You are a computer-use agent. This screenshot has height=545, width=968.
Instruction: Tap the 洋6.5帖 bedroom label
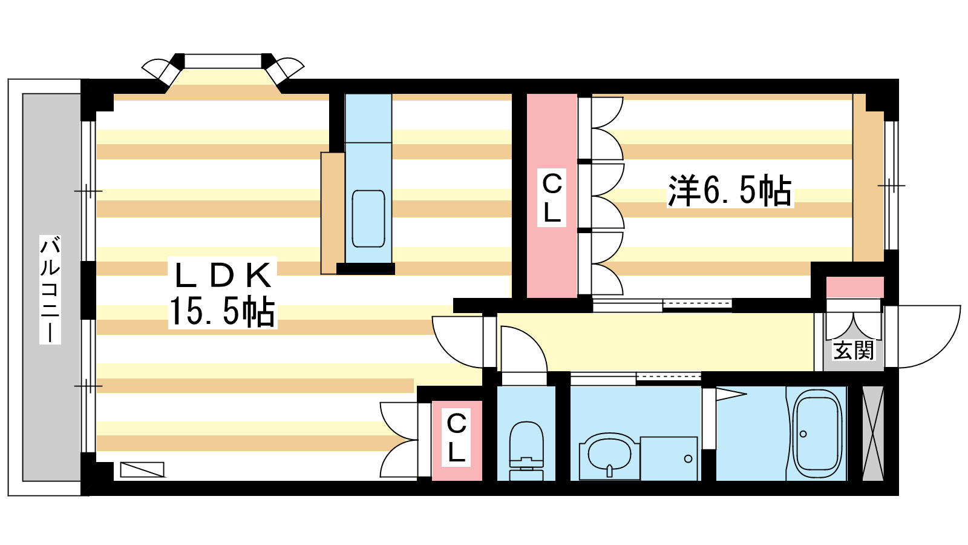[x=730, y=191]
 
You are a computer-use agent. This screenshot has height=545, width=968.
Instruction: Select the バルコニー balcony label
[x=50, y=289]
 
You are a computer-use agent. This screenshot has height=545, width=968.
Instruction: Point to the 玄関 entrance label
[x=854, y=350]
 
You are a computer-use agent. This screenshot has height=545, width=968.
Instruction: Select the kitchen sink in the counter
[x=368, y=219]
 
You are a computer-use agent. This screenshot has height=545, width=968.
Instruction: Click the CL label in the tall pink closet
[x=552, y=197]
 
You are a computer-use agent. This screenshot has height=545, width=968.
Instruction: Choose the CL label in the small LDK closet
[x=457, y=438]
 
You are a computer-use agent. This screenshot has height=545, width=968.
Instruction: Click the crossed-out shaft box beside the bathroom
[x=872, y=433]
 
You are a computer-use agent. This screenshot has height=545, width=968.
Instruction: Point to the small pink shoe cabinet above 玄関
[x=855, y=287]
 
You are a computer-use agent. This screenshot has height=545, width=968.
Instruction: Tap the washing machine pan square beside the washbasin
[x=669, y=458]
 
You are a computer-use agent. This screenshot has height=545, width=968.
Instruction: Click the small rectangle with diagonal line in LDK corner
[x=142, y=469]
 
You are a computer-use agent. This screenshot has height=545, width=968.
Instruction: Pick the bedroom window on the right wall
[x=891, y=185]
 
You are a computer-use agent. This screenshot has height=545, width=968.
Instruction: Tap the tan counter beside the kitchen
[x=332, y=213]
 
